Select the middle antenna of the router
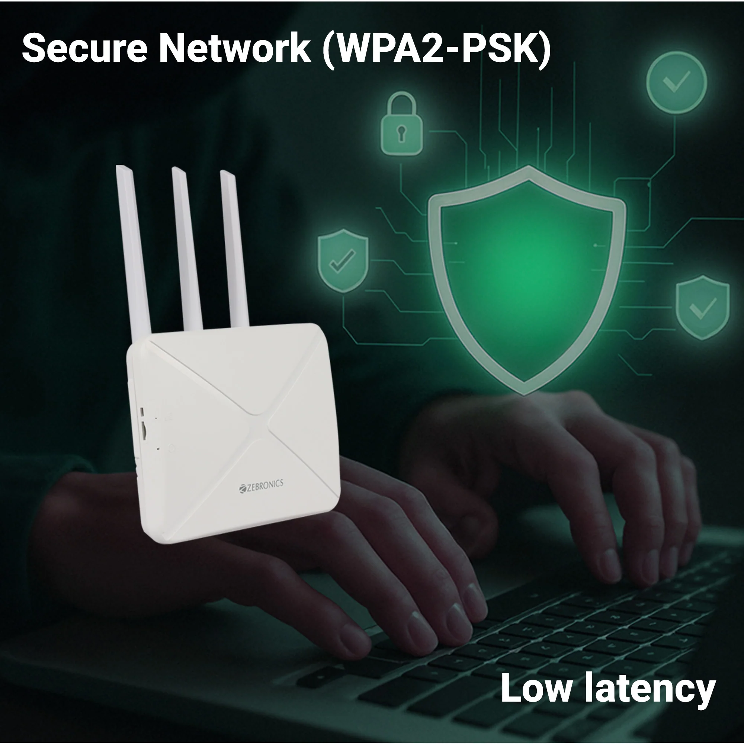coord(187,248)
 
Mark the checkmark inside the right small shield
coord(703,308)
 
